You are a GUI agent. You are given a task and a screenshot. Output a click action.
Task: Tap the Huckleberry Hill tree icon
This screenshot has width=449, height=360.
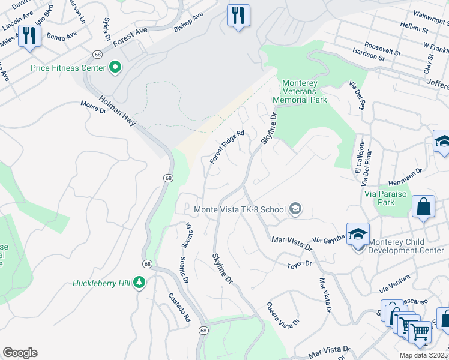click(139, 283)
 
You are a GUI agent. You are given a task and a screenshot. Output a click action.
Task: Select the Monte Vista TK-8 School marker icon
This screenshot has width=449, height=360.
click(295, 209)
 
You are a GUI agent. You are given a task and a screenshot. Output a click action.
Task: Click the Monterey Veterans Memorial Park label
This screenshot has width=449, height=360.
click(300, 91)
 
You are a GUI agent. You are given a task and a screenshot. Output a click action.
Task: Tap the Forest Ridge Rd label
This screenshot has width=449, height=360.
click(227, 148)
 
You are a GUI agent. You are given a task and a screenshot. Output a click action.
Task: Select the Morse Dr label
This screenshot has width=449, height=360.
click(93, 107)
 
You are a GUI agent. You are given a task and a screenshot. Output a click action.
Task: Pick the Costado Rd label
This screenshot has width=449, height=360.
click(179, 307)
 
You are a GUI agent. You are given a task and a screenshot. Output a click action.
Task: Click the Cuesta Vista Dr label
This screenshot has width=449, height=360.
click(283, 316)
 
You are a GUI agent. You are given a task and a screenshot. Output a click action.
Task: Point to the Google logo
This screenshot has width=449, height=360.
click(20, 353)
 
